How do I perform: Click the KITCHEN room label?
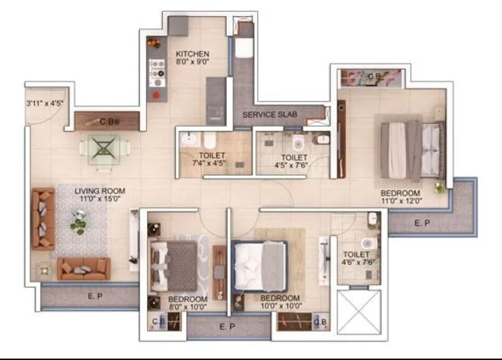[193, 54]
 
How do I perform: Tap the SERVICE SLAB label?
[270, 115]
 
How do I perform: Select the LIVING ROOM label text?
[100, 191]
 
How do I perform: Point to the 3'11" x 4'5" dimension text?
[45, 103]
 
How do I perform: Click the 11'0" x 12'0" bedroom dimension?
[401, 201]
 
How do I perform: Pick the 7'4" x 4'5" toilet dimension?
[209, 163]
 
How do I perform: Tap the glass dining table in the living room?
[104, 150]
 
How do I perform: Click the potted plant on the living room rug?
[78, 221]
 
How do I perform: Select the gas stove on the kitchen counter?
[158, 72]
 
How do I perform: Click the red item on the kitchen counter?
[156, 95]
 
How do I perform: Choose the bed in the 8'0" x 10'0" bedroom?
[174, 265]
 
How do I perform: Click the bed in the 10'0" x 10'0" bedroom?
[260, 266]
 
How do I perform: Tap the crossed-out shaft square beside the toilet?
[360, 312]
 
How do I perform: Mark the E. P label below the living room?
[95, 296]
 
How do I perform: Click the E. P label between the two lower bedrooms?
[228, 326]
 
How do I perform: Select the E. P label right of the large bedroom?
[422, 223]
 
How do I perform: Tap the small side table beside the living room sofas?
[44, 270]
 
